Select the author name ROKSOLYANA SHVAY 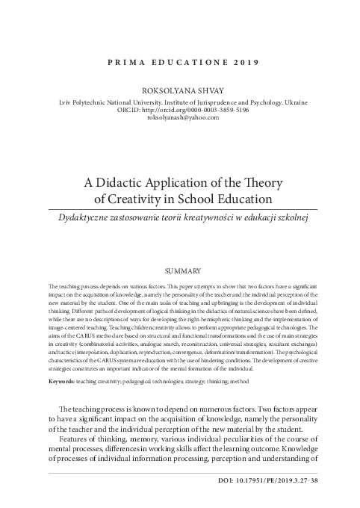coord(179,89)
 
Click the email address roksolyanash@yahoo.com coord(179,117)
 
